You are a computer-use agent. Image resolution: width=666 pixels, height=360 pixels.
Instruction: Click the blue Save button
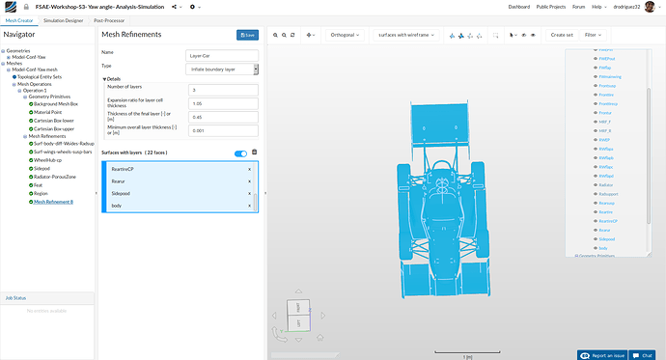click(x=247, y=35)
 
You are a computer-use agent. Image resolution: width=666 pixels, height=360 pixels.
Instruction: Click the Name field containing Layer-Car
click(x=222, y=55)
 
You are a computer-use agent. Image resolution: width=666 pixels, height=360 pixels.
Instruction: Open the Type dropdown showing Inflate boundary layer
click(x=222, y=69)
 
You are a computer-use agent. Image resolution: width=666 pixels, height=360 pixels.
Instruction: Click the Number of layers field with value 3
click(x=223, y=90)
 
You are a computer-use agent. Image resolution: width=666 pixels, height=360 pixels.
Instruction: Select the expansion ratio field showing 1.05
click(x=223, y=103)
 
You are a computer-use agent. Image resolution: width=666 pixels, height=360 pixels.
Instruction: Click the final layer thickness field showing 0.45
click(x=223, y=117)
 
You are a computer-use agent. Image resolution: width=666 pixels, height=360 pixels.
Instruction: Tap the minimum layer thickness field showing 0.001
click(x=223, y=130)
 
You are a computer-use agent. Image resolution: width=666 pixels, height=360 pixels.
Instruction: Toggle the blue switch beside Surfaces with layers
click(x=240, y=152)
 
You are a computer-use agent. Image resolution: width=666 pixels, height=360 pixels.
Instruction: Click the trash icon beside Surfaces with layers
click(x=255, y=152)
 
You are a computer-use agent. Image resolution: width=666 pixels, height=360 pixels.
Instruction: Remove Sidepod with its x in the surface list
click(x=249, y=193)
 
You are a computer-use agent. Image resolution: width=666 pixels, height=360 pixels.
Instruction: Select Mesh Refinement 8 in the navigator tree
click(x=53, y=202)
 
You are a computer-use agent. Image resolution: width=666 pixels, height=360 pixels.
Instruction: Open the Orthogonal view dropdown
click(x=339, y=35)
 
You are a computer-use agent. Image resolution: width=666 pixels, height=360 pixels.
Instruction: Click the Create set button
click(x=561, y=35)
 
